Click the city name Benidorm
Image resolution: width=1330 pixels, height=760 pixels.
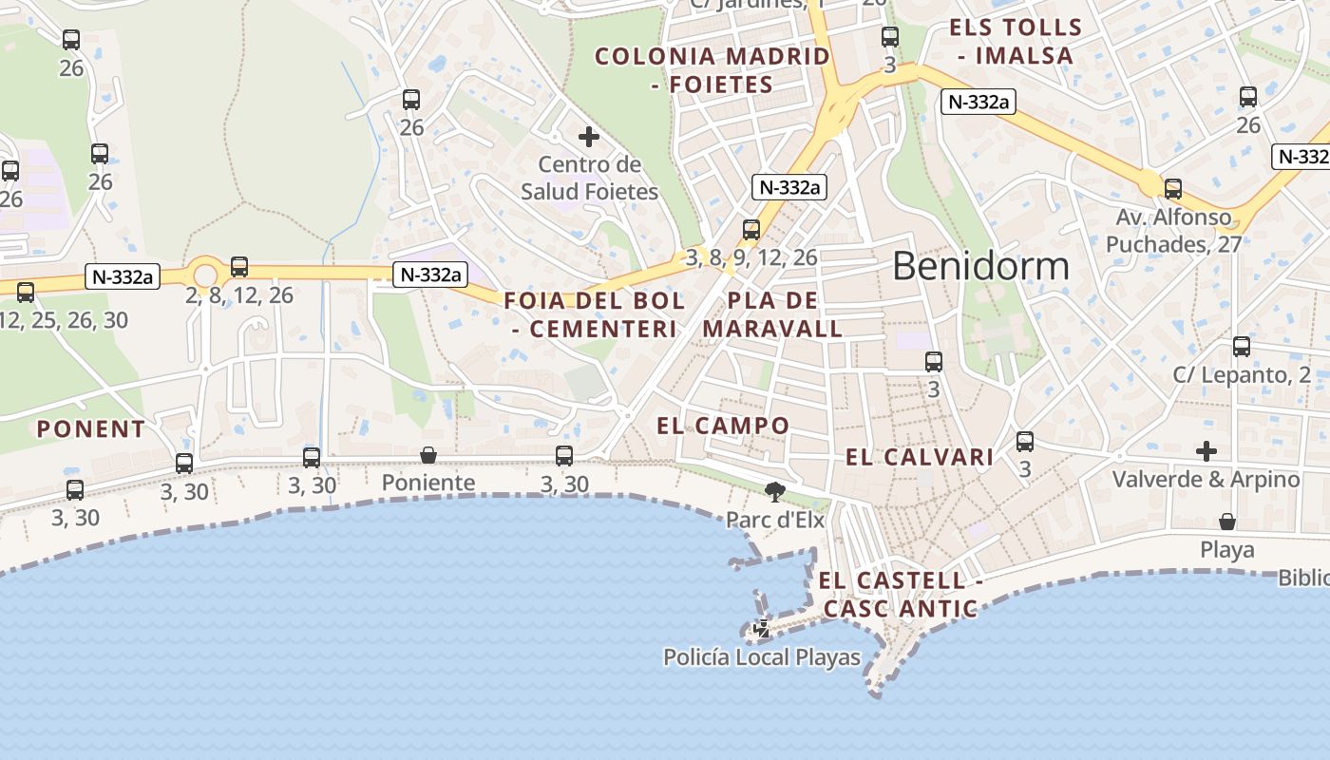980,266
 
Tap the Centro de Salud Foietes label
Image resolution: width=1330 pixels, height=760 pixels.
589,179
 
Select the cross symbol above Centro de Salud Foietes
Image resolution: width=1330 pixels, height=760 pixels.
589,137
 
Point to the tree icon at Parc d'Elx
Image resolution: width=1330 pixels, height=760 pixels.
775,491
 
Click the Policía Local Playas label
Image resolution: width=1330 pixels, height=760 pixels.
762,657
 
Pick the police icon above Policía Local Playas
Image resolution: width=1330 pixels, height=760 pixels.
761,628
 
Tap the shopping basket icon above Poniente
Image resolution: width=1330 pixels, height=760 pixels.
428,455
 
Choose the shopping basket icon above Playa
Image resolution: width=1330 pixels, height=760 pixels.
1227,522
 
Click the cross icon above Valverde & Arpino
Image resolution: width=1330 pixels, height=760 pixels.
1206,450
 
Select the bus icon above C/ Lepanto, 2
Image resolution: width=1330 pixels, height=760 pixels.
1241,347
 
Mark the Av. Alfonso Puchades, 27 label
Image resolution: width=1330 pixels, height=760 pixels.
1173,231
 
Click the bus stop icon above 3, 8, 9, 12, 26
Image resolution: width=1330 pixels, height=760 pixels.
750,229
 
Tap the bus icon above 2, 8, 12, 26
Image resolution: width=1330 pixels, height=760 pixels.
239,267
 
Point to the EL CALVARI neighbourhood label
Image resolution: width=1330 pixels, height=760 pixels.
920,458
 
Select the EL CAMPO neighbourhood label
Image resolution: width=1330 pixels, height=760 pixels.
723,426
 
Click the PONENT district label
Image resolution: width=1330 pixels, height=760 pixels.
91,429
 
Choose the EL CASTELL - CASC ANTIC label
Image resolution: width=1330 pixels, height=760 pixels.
900,595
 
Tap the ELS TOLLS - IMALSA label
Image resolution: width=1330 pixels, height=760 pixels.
1016,41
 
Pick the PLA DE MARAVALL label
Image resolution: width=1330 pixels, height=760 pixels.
772,315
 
